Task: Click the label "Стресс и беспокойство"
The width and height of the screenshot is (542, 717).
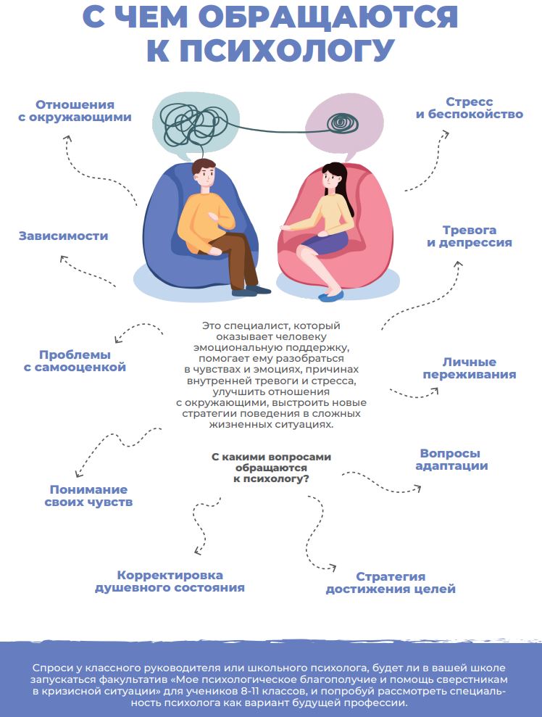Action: click(x=469, y=108)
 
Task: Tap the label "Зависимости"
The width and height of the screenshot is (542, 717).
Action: click(x=63, y=236)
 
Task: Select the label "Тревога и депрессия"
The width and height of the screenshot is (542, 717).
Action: click(x=469, y=236)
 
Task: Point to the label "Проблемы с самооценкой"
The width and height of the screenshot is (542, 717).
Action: click(x=75, y=361)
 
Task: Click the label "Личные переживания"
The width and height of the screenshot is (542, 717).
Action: click(x=469, y=368)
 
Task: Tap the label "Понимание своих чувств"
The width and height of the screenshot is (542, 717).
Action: click(x=88, y=496)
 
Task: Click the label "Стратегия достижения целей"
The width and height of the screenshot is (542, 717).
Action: click(x=391, y=583)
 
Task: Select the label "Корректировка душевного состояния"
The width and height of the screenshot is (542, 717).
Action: click(x=170, y=581)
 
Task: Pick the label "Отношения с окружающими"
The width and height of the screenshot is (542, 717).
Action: click(x=75, y=109)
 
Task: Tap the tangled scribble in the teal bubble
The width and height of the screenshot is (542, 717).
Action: click(x=196, y=120)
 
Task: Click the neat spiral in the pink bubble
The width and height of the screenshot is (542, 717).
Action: click(x=343, y=123)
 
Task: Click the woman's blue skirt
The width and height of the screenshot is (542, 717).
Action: click(x=325, y=242)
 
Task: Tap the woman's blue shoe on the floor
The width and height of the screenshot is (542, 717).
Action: click(x=331, y=295)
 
